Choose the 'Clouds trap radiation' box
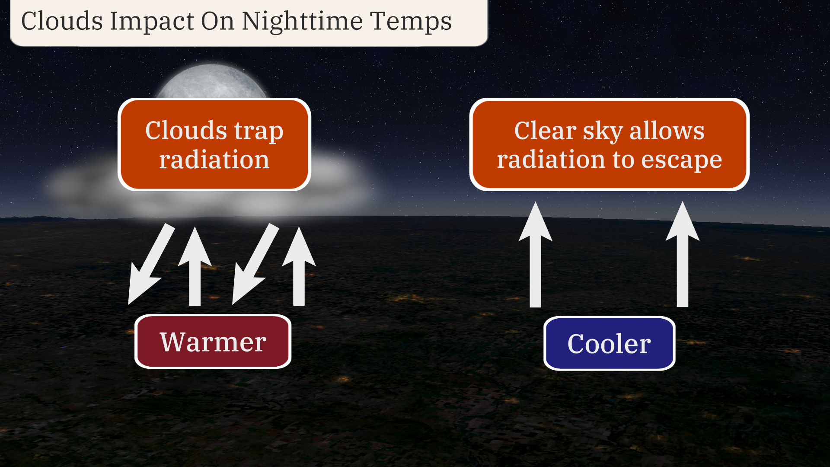click(214, 144)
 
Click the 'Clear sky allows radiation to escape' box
click(609, 144)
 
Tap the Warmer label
click(213, 341)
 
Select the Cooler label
click(609, 343)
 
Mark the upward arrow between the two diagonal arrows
click(195, 266)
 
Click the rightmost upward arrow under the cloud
click(299, 266)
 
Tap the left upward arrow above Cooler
click(536, 254)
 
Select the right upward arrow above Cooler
click(683, 254)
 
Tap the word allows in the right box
click(667, 131)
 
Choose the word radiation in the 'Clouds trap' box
click(214, 159)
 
